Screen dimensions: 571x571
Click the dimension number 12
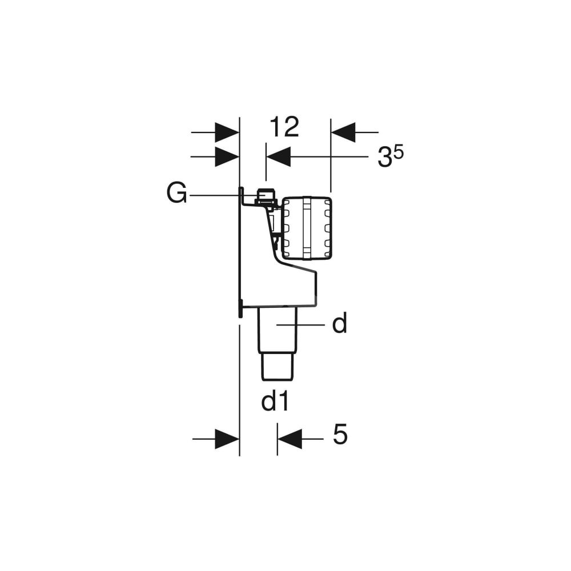(284, 127)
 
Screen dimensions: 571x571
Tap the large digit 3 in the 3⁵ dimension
(385, 158)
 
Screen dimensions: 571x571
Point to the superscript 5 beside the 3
(399, 152)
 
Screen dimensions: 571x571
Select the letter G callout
(176, 193)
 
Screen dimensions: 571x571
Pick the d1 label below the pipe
(275, 401)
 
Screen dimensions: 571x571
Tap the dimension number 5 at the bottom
(340, 434)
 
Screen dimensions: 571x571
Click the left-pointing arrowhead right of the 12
(343, 132)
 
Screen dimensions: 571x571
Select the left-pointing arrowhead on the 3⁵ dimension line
(279, 156)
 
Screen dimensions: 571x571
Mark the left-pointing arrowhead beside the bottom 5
(289, 439)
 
